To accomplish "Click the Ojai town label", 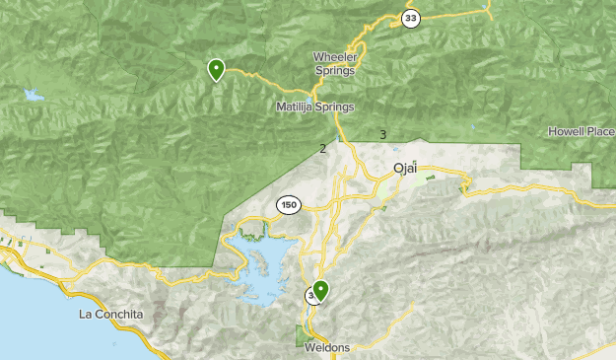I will (406, 168).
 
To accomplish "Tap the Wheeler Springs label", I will (335, 63).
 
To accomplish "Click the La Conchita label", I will (110, 315).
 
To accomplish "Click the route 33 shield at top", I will (410, 17).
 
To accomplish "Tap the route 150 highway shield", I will (288, 205).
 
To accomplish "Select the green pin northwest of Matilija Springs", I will (216, 69).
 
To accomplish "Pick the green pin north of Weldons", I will (320, 290).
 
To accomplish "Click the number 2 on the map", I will (322, 149).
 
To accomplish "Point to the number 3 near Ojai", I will (382, 134).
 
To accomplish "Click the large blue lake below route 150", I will (266, 258).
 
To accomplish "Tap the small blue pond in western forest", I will (35, 96).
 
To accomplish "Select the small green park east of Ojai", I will (430, 179).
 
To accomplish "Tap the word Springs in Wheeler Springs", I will (335, 70).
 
